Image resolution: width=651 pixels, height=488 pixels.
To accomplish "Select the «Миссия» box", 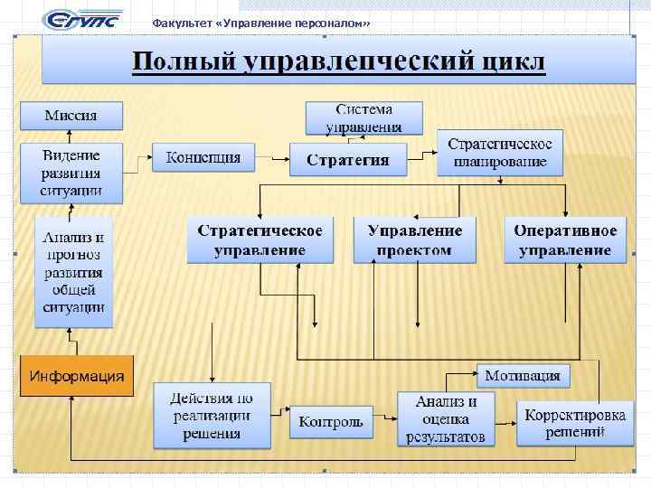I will click(x=71, y=115).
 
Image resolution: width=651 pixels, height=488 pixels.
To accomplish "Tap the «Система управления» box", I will click(x=363, y=117).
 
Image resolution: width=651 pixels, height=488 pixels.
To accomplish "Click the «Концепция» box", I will click(x=203, y=158).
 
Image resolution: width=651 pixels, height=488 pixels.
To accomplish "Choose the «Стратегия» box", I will click(x=347, y=160).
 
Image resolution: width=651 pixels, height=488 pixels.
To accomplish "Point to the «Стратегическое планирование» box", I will click(x=499, y=153).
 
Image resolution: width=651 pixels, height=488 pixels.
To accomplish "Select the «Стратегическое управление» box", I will click(x=259, y=239).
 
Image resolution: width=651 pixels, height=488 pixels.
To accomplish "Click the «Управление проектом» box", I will click(x=415, y=239).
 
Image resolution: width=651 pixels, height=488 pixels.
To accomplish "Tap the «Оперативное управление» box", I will click(x=565, y=239).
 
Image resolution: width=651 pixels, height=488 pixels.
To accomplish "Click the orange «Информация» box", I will click(x=77, y=376).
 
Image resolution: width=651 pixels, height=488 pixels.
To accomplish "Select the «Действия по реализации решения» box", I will click(x=212, y=416).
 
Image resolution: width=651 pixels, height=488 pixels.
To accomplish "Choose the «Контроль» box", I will click(x=331, y=422).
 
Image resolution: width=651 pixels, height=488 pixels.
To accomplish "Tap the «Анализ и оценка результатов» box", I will click(x=446, y=419).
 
